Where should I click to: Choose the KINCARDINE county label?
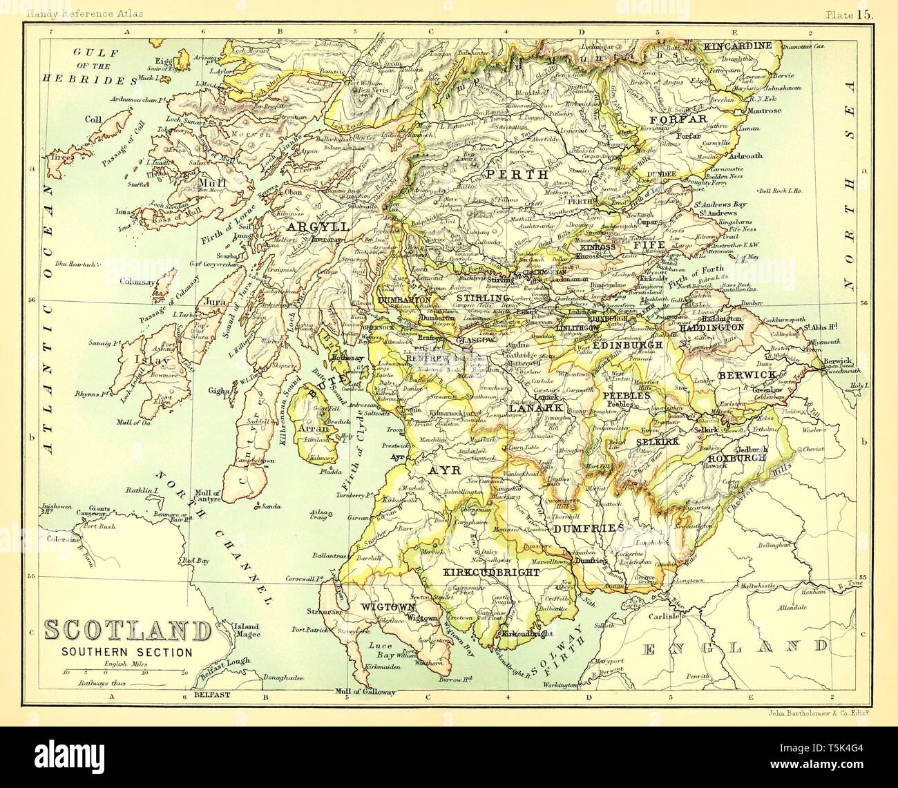click(736, 46)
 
